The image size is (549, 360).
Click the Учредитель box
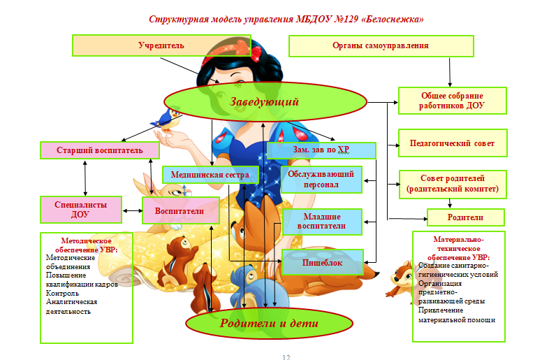pyautogui.click(x=161, y=46)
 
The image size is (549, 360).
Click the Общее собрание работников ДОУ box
pyautogui.click(x=451, y=100)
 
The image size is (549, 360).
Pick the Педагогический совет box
pyautogui.click(x=451, y=143)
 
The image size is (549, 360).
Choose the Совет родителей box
pyautogui.click(x=451, y=183)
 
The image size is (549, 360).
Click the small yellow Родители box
pyautogui.click(x=464, y=217)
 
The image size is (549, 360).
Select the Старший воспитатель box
pyautogui.click(x=99, y=150)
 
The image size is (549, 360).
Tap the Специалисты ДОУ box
pyautogui.click(x=80, y=209)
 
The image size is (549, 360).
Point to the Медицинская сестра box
pyautogui.click(x=210, y=174)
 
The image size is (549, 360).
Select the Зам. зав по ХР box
pyautogui.click(x=321, y=150)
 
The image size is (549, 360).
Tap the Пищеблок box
pyautogui.click(x=321, y=262)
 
